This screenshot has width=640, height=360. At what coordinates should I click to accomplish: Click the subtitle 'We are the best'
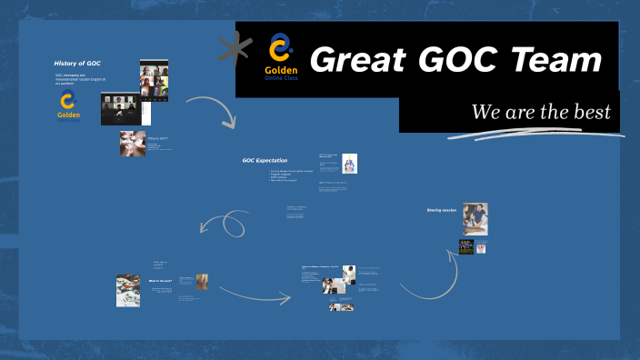[x=540, y=113]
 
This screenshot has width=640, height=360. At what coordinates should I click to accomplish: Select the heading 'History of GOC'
[x=77, y=63]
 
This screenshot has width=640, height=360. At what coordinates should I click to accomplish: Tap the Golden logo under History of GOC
[x=68, y=105]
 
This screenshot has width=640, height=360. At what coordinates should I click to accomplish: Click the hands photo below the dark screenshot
[x=132, y=143]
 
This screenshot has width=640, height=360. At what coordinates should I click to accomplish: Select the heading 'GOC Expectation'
[x=265, y=160]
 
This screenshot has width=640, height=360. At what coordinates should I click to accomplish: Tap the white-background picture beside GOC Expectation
[x=350, y=164]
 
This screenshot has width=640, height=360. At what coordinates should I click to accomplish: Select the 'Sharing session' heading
[x=440, y=210]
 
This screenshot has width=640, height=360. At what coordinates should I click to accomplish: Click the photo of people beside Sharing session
[x=475, y=218]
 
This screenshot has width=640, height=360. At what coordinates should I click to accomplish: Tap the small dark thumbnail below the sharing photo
[x=466, y=246]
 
